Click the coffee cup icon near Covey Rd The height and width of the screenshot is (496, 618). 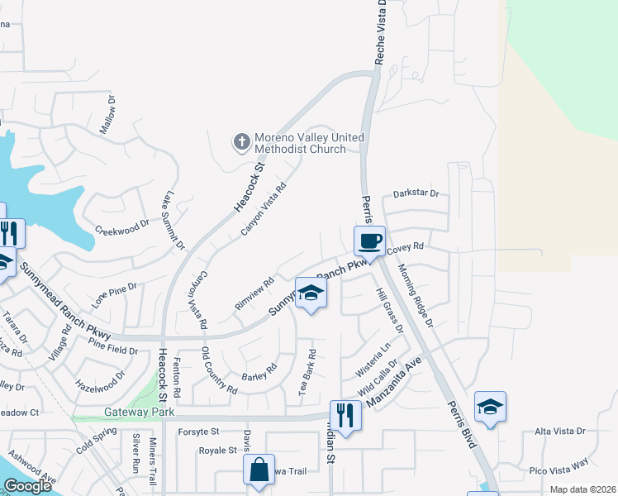369,241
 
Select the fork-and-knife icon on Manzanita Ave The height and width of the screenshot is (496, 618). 345,415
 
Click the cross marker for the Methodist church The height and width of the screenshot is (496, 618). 241,142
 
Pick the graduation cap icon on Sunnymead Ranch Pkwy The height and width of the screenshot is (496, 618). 311,293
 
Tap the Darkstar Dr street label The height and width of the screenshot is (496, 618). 416,193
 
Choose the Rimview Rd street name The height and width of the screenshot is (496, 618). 254,293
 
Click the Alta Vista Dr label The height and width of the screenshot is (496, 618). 559,432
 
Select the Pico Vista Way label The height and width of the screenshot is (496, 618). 559,470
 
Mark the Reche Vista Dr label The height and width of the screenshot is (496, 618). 381,27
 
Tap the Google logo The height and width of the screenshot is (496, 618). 27,486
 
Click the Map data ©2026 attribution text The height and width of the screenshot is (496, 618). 582,489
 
